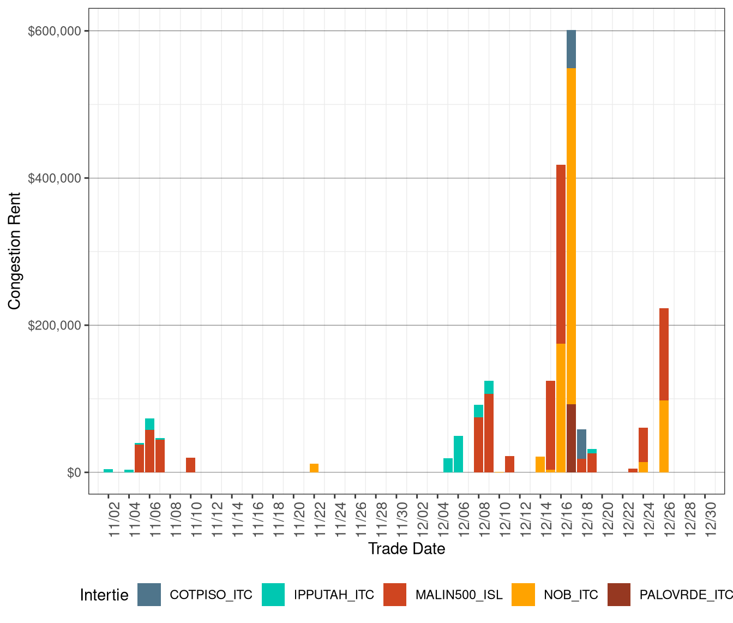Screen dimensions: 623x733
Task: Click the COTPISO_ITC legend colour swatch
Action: pos(149,595)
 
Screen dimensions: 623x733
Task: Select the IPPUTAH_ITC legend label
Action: pos(334,595)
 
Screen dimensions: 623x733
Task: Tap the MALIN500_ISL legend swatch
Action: pos(395,595)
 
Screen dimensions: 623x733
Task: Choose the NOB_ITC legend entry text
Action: pos(570,595)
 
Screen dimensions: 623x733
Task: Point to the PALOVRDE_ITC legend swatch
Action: pos(618,595)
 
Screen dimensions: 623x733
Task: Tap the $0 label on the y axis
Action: pos(74,473)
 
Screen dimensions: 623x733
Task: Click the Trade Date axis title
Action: pos(406,549)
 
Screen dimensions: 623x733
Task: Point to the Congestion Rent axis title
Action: pos(15,251)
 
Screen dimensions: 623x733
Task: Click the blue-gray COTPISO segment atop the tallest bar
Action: pos(571,49)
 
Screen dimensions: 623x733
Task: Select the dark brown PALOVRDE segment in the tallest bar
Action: pos(571,438)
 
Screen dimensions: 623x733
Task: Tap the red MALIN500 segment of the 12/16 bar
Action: pos(561,254)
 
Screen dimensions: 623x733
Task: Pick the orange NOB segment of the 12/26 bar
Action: pos(664,436)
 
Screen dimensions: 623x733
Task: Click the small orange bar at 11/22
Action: pos(314,468)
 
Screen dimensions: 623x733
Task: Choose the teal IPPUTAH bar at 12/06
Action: pos(458,454)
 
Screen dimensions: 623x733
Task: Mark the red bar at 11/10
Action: pos(190,465)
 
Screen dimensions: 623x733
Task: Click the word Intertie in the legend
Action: pos(104,595)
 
